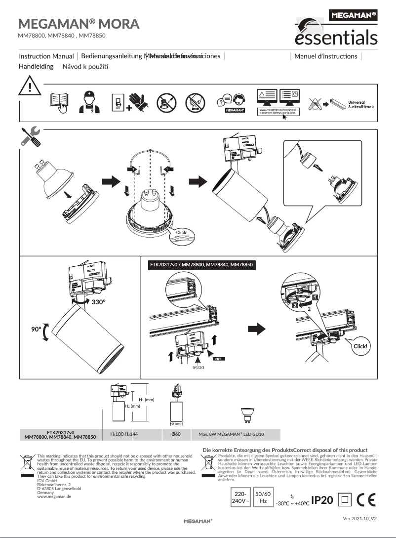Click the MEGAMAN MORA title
coord(79,24)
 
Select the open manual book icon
coord(59,102)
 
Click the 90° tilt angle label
coord(32,329)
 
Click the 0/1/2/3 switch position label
coord(198,368)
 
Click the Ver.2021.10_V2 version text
coord(360,519)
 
